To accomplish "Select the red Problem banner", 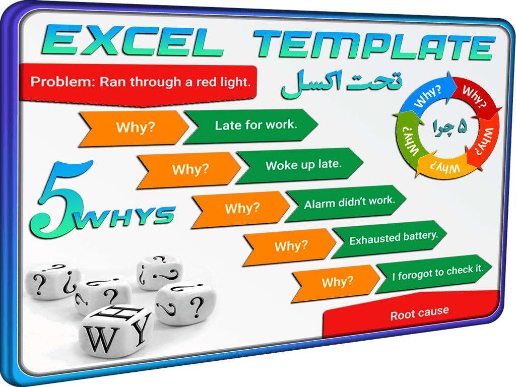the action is [138, 84].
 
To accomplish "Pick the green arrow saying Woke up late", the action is [299, 165].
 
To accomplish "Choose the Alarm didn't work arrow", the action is [346, 204].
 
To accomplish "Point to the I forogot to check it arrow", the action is [434, 274].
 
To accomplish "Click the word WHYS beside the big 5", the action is [125, 218].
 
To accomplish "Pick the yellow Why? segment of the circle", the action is [444, 166].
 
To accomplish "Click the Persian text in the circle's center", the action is [450, 127].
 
